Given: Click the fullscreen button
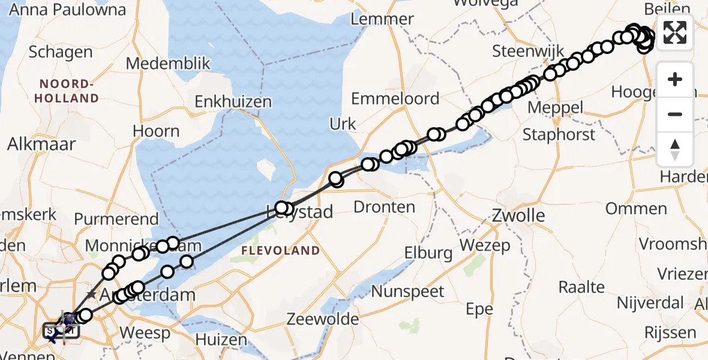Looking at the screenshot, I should [675, 32].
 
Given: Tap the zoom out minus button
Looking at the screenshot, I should [675, 114].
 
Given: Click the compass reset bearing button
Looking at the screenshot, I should [675, 149].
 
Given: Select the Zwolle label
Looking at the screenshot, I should [510, 215].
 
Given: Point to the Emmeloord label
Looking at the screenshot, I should [395, 99].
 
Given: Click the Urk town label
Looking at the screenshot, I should [343, 124].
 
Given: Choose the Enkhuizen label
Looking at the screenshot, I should [233, 102].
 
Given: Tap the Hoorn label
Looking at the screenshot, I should [156, 131].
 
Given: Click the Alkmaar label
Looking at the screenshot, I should [42, 144].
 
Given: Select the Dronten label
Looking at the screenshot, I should [385, 208].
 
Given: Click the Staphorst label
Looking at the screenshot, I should [559, 134].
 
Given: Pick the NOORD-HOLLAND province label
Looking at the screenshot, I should [68, 91].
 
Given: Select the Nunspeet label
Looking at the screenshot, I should [408, 292].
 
